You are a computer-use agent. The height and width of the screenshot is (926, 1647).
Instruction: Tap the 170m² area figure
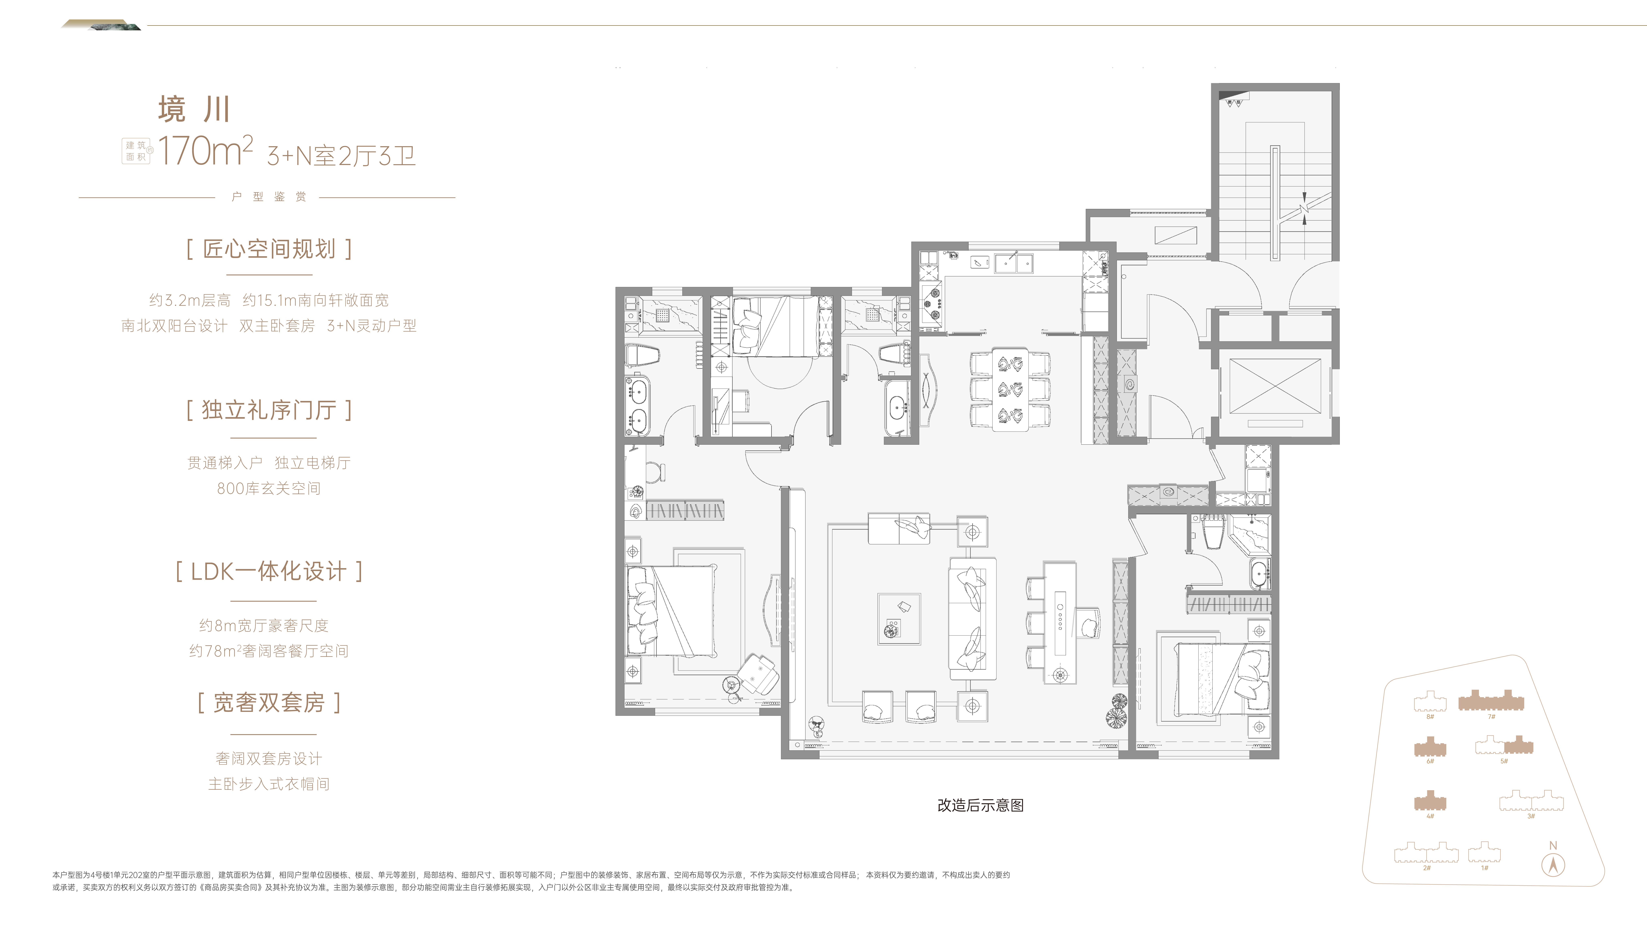coord(205,151)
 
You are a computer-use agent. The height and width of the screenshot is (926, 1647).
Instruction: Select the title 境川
coord(194,109)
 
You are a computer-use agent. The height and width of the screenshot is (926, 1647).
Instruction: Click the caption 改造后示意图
coord(980,805)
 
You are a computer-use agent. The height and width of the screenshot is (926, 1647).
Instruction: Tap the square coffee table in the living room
coord(899,619)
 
